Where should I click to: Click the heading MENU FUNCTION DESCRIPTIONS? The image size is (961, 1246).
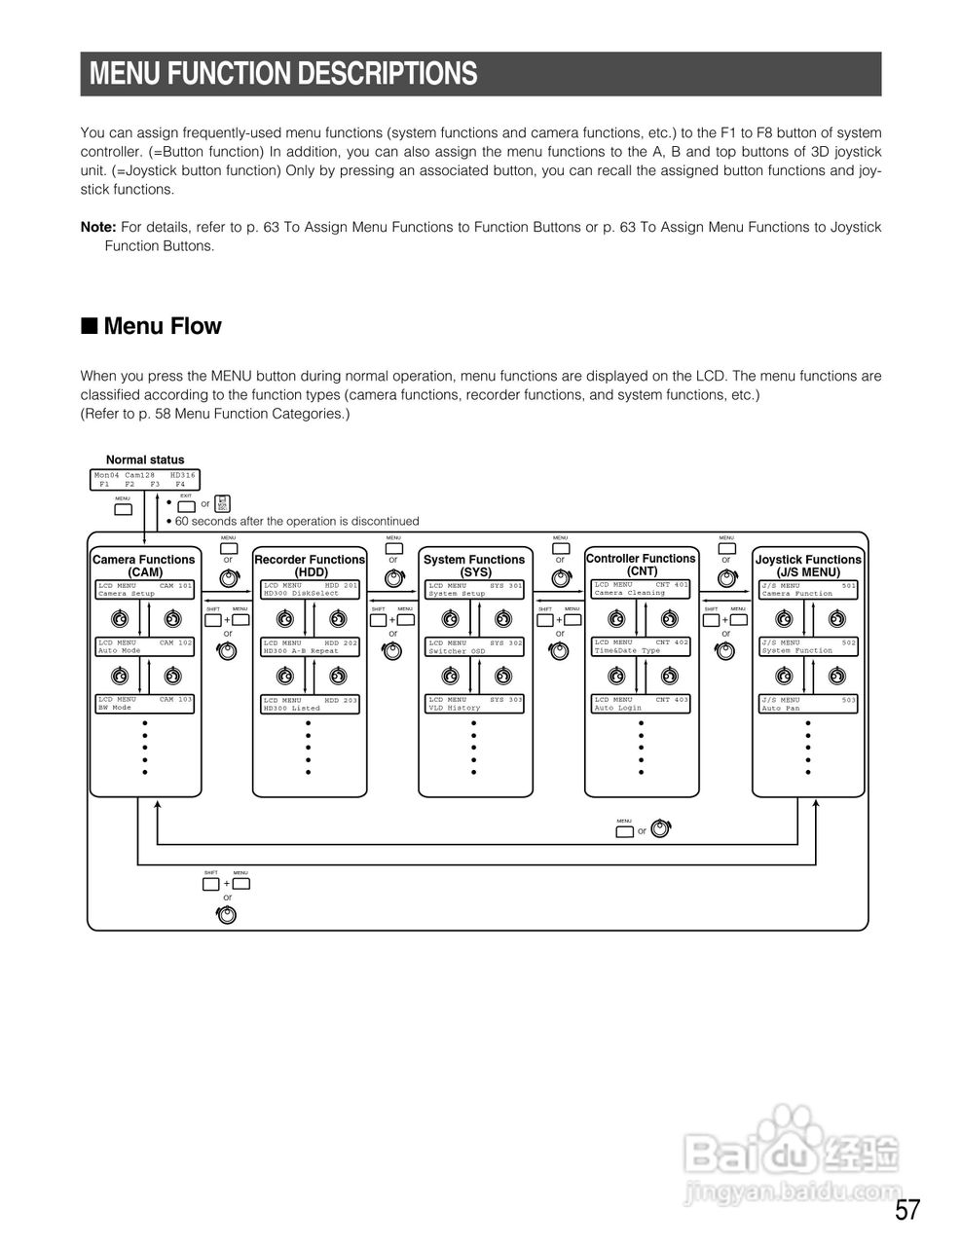pyautogui.click(x=283, y=74)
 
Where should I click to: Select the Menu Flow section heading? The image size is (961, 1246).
pyautogui.click(x=162, y=326)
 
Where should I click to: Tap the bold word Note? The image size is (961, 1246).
pyautogui.click(x=97, y=227)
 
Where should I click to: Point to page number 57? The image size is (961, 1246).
pyautogui.click(x=906, y=1211)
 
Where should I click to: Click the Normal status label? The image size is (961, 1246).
pyautogui.click(x=145, y=459)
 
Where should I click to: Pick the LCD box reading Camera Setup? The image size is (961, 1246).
pyautogui.click(x=145, y=589)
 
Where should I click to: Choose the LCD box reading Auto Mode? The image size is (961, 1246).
pyautogui.click(x=145, y=646)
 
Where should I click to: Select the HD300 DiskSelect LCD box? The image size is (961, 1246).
pyautogui.click(x=311, y=589)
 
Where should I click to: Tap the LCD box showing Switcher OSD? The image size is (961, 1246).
pyautogui.click(x=475, y=646)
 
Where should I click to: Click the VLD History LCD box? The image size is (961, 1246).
pyautogui.click(x=475, y=703)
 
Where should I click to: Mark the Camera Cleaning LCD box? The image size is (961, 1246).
pyautogui.click(x=641, y=589)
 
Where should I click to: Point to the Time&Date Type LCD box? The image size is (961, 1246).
pyautogui.click(x=641, y=646)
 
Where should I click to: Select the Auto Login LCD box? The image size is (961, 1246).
pyautogui.click(x=641, y=703)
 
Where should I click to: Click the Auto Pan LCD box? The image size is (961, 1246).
pyautogui.click(x=808, y=703)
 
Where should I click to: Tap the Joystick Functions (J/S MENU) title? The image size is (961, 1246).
pyautogui.click(x=808, y=566)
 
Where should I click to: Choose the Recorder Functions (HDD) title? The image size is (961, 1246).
pyautogui.click(x=310, y=566)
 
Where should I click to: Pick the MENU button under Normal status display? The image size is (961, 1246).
pyautogui.click(x=123, y=508)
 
